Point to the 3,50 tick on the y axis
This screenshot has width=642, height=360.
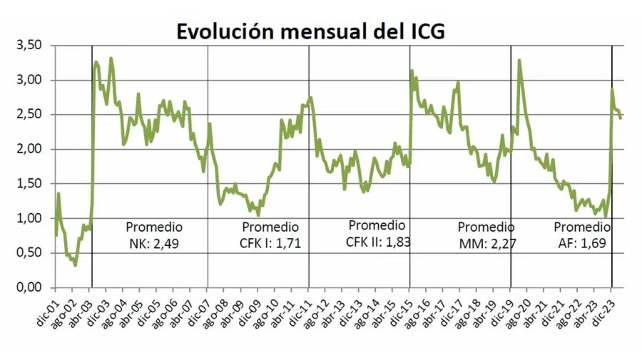coord(31,46)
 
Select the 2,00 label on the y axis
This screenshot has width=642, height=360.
coord(31,150)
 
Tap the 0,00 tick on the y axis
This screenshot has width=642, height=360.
coord(31,288)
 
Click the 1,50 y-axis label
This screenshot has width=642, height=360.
coord(31,184)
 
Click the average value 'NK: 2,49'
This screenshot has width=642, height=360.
coord(154,245)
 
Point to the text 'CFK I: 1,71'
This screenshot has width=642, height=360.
coord(270,245)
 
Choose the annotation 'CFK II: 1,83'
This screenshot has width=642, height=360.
coord(377,242)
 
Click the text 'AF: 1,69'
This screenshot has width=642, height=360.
coord(582,245)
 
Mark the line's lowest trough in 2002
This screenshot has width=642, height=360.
coord(75,265)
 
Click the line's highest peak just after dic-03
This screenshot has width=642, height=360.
coord(111,58)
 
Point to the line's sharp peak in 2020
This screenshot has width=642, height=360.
coord(519,61)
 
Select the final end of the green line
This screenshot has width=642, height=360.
coord(621,118)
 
